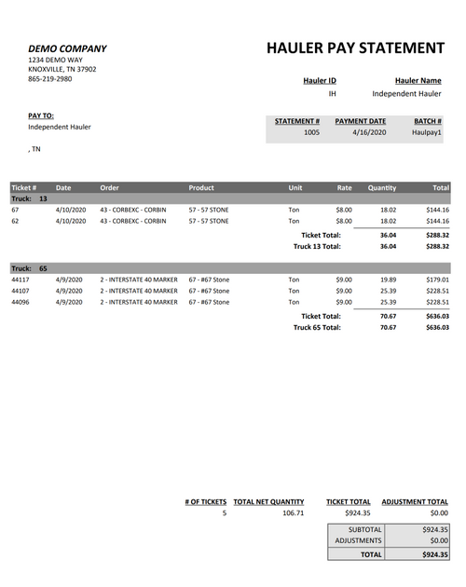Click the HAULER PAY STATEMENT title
tap(355, 48)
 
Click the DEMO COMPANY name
tap(67, 48)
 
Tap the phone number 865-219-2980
tap(49, 79)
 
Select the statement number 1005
tap(311, 133)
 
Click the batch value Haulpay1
tap(427, 133)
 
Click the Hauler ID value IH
tap(332, 94)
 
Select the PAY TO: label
tap(41, 116)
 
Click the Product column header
tap(201, 187)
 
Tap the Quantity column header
tap(381, 187)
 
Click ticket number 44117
tap(21, 280)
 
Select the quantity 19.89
tap(388, 280)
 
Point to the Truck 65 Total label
tap(317, 328)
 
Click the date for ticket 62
tap(70, 222)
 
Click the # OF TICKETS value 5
tap(224, 513)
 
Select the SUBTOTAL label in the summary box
tap(364, 529)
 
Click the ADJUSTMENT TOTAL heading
tap(415, 502)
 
